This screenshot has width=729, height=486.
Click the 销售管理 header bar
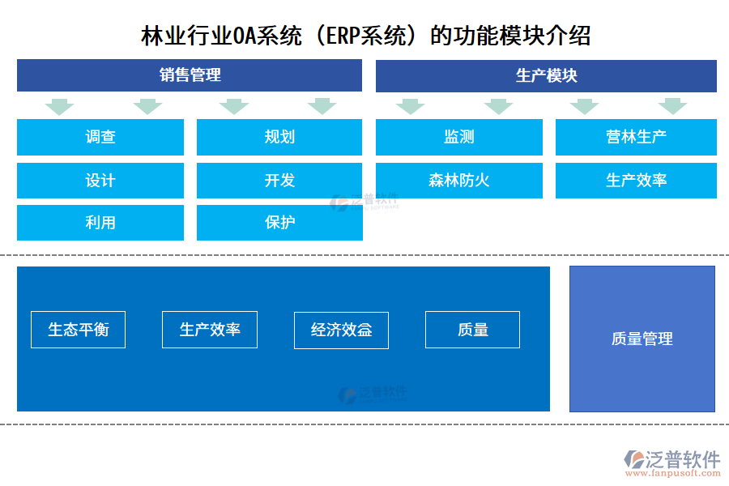[190, 75]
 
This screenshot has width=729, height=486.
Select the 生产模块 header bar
[546, 75]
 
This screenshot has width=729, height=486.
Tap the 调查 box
[100, 137]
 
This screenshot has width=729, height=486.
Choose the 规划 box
[279, 137]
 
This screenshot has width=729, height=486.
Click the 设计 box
[100, 180]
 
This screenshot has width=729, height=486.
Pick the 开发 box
[279, 180]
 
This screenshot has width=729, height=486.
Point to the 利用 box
[100, 222]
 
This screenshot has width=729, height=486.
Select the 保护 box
[279, 222]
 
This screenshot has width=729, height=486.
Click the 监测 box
[459, 137]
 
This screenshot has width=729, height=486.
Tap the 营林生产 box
[636, 137]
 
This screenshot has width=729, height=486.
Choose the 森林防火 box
[459, 180]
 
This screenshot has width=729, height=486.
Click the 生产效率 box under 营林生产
[636, 180]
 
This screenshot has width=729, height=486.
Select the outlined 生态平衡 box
[78, 330]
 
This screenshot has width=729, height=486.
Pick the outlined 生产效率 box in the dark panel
[210, 330]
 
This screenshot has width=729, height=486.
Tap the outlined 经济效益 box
[341, 330]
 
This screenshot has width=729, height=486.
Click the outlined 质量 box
[472, 330]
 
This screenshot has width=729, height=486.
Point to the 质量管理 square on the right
[642, 339]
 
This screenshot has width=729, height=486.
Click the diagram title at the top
[365, 36]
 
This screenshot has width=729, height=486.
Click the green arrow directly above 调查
[59, 106]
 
